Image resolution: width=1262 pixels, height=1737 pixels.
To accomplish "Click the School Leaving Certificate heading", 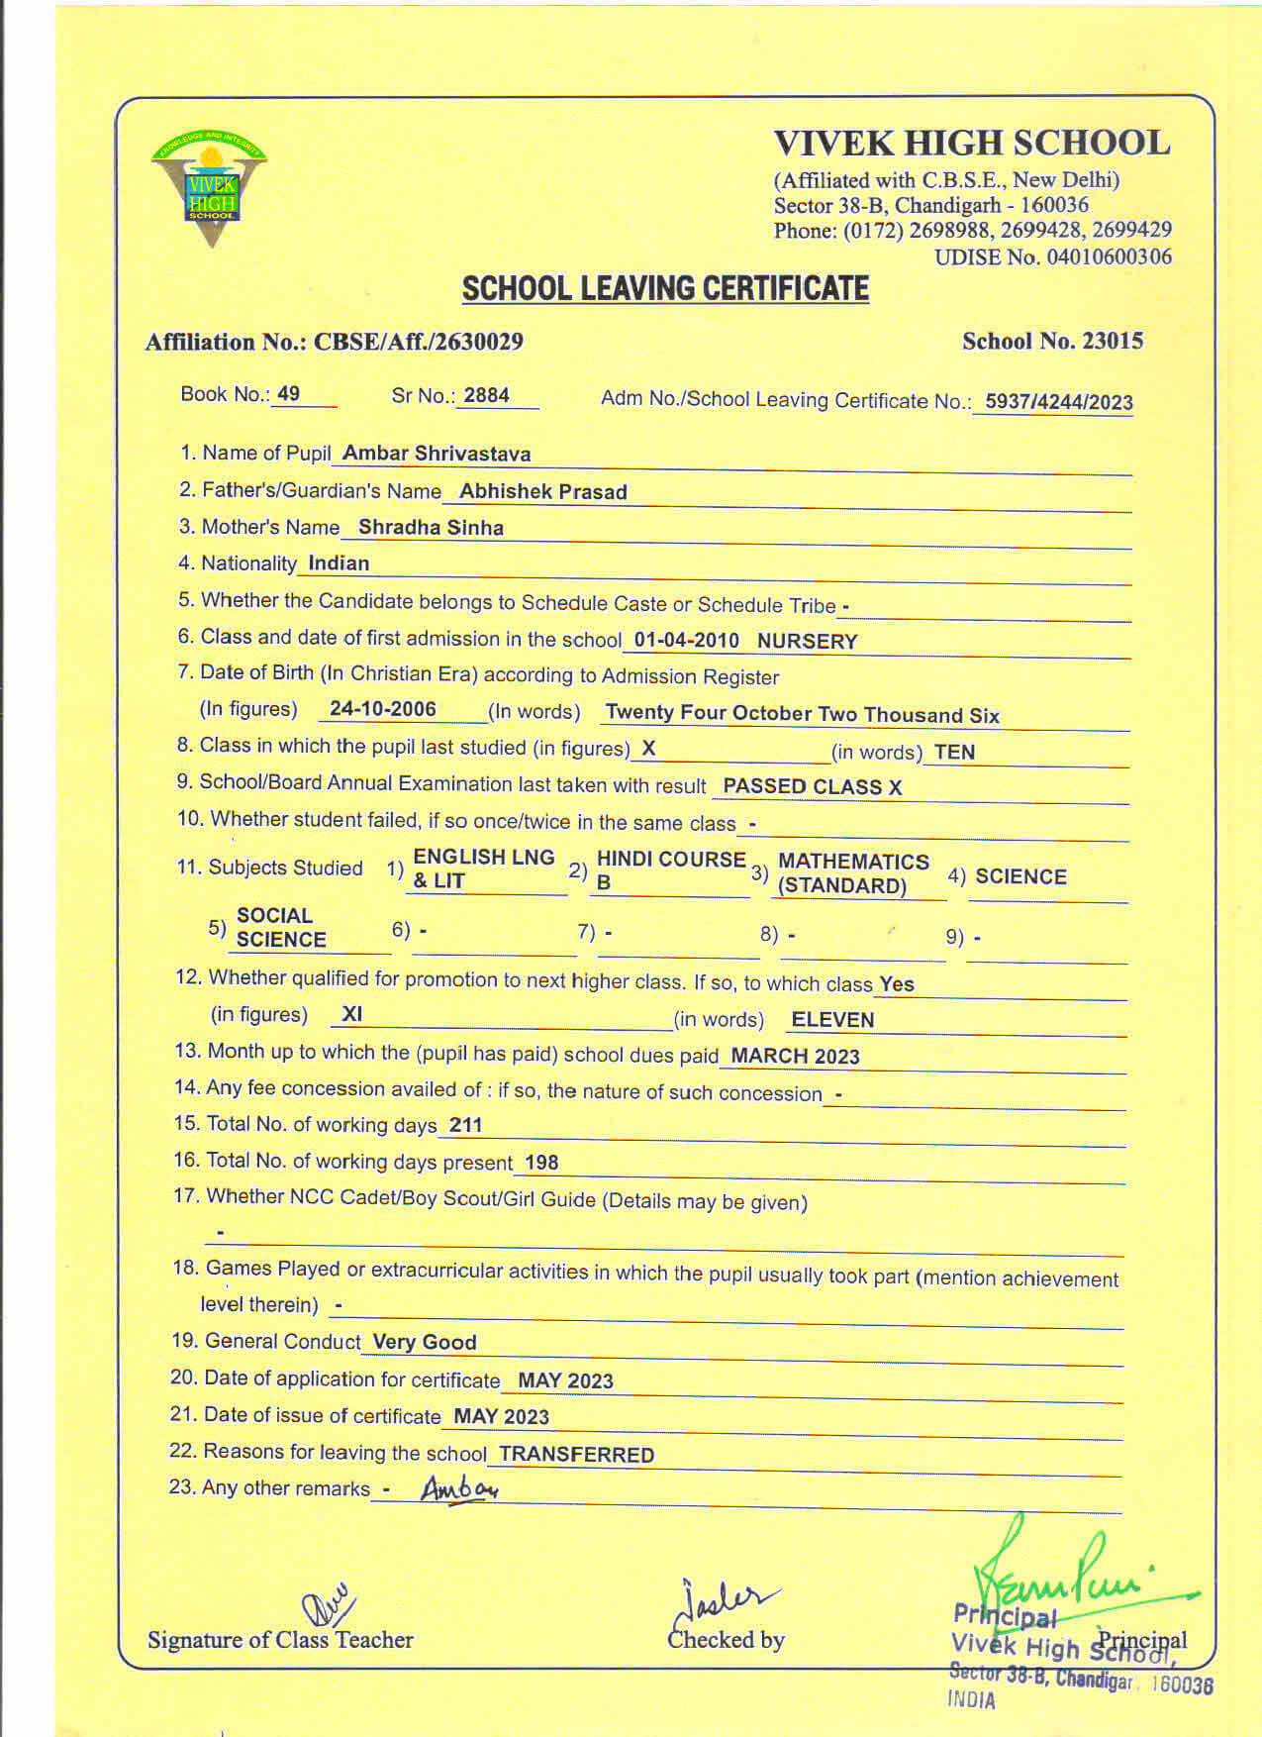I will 665,289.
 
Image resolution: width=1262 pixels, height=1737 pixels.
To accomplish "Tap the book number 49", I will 288,394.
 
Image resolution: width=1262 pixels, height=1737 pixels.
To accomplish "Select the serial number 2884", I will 486,395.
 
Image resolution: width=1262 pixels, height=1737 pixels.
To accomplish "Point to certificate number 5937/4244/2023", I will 1058,402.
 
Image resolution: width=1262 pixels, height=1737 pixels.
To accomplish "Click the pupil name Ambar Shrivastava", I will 437,454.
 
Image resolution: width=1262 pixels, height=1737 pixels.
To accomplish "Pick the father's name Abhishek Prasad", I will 542,491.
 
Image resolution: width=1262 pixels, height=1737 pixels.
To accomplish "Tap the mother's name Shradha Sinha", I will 431,528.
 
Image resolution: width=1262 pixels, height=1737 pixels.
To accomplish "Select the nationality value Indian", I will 339,563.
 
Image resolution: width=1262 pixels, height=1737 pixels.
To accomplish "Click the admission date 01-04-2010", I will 686,640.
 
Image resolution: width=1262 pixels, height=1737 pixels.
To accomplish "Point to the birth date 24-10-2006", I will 382,709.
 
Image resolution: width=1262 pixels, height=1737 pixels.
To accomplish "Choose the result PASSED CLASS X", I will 812,787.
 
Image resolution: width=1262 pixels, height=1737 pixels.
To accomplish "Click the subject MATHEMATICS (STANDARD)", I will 852,873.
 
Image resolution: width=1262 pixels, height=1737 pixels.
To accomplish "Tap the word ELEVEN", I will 832,1020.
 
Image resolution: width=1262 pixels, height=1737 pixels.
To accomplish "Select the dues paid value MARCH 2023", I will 795,1056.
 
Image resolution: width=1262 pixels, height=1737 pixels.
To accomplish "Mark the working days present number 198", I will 541,1163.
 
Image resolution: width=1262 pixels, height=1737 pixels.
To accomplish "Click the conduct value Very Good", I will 424,1343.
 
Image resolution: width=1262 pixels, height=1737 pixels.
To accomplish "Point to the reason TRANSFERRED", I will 576,1455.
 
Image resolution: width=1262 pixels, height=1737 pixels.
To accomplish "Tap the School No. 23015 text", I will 1052,342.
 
